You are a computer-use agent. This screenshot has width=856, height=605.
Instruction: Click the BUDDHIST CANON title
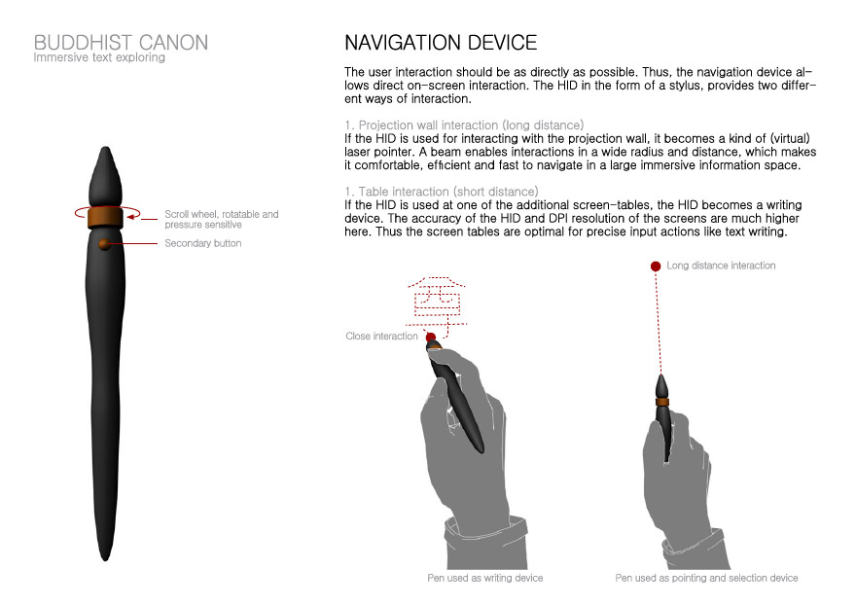click(121, 43)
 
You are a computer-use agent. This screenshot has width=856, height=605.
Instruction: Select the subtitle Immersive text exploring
click(99, 57)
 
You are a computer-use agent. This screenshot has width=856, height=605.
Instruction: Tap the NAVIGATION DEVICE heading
click(441, 43)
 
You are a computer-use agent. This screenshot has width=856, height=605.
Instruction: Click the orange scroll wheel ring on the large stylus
click(103, 215)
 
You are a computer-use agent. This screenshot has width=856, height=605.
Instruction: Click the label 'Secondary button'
click(203, 243)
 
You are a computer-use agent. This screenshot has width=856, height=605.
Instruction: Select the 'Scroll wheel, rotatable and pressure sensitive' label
click(221, 219)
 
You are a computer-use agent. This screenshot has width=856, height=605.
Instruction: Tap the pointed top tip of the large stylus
click(104, 151)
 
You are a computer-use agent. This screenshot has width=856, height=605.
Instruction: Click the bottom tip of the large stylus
click(104, 557)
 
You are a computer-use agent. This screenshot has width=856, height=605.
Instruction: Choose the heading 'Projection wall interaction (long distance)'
click(464, 125)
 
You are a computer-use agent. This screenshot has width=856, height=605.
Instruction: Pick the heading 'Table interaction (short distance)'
click(441, 191)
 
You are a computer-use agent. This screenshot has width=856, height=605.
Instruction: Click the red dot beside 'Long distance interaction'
click(656, 266)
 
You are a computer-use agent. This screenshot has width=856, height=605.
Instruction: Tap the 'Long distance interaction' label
click(721, 266)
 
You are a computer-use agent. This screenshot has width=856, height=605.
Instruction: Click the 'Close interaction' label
click(381, 337)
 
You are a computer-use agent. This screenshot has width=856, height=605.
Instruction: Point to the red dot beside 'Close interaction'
click(430, 337)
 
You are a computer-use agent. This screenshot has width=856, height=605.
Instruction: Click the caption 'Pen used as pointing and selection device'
click(706, 578)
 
